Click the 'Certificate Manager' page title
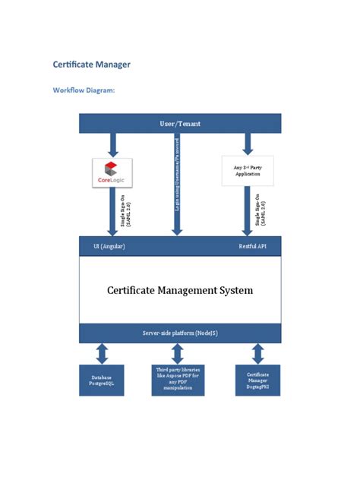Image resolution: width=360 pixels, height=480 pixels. [x=91, y=65]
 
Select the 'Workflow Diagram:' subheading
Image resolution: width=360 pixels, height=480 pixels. [x=84, y=90]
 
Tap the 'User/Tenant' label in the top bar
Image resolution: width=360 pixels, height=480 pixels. [x=180, y=123]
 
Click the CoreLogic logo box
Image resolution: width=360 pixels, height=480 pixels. [x=112, y=172]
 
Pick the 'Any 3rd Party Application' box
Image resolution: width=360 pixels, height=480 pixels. [x=248, y=171]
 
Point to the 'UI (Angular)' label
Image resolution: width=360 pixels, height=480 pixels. [x=109, y=247]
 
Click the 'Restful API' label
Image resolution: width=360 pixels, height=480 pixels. [x=252, y=247]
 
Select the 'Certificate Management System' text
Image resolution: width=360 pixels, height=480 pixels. [x=180, y=289]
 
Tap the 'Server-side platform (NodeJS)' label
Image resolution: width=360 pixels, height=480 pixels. [x=180, y=333]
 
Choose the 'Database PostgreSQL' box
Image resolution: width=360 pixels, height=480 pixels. [x=102, y=379]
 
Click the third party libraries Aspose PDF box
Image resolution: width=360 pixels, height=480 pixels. [x=178, y=379]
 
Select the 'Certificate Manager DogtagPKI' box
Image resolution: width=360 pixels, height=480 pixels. [x=258, y=379]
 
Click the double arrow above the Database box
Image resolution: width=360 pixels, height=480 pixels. [x=102, y=353]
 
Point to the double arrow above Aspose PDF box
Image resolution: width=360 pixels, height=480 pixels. [x=178, y=353]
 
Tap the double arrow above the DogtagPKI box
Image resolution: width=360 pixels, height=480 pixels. [x=258, y=353]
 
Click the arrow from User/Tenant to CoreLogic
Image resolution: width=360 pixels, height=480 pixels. [x=112, y=144]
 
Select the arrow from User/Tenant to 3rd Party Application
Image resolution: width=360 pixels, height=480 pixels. [x=248, y=144]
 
